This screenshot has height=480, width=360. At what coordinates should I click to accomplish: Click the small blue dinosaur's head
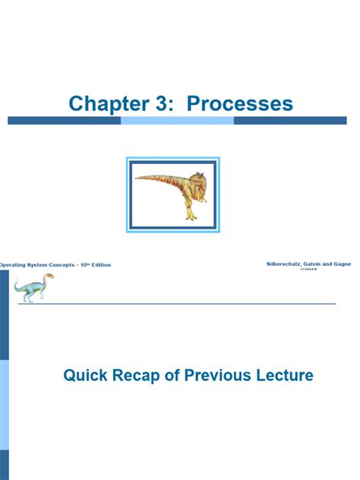50,279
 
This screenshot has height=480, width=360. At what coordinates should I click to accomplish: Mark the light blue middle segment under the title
177,121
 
